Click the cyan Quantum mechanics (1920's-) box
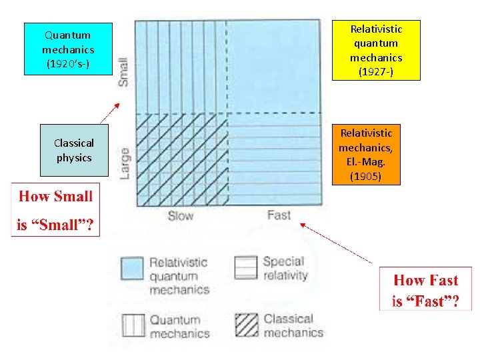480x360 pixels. (68, 49)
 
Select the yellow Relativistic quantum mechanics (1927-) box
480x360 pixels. (376, 50)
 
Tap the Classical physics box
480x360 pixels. (74, 151)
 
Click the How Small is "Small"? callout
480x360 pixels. (55, 210)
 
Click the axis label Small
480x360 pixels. (123, 71)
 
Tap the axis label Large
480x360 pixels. (125, 163)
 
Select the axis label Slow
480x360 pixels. (181, 215)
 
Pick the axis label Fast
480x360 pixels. (279, 215)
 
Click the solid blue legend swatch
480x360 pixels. (132, 268)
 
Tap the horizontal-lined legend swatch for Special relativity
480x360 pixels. (246, 267)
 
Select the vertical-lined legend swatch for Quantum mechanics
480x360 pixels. (133, 325)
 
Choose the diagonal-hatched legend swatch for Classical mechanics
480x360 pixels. (246, 325)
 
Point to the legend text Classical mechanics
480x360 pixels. (293, 325)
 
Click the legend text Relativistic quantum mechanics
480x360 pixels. (178, 276)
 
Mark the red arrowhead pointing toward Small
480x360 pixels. (117, 105)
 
